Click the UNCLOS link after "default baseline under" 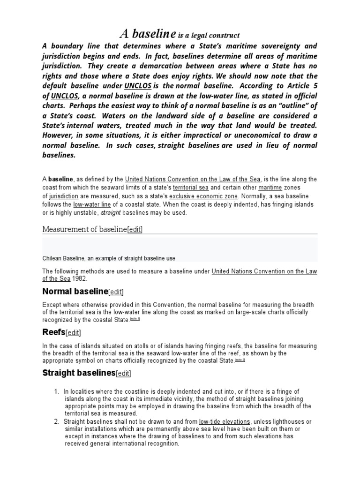pos(137,86)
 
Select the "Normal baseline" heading pos(75,291)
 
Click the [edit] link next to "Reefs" pos(73,333)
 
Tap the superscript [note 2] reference pos(240,360)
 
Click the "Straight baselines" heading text pos(79,373)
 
